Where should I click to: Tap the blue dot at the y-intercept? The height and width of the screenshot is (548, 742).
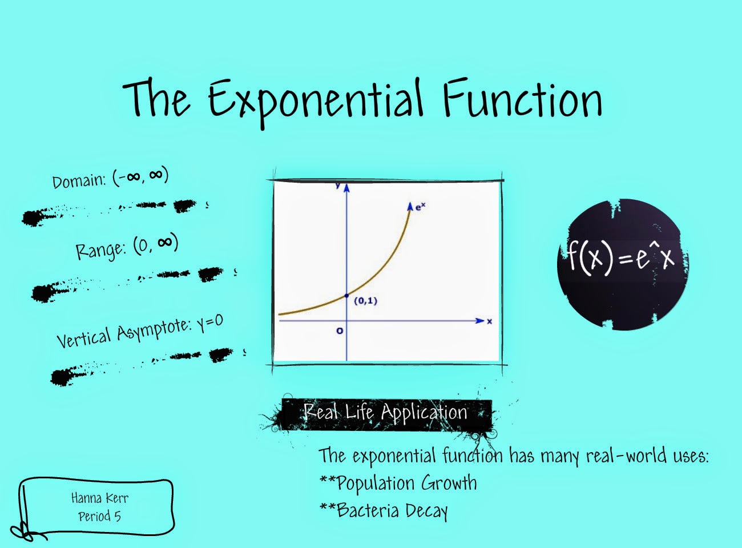[346, 295]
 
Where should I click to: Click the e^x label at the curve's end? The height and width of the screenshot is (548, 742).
[420, 207]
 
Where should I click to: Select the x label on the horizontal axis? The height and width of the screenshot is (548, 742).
[489, 321]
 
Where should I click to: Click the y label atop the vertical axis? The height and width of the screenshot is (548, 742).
[338, 185]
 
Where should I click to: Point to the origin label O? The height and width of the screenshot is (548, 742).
[340, 331]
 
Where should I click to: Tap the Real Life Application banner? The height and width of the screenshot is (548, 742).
[385, 412]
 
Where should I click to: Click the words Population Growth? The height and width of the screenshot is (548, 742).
[406, 483]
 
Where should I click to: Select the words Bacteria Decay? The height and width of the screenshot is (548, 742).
[392, 510]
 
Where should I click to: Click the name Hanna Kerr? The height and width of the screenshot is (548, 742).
[100, 498]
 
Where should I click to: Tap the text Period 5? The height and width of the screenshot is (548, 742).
[99, 517]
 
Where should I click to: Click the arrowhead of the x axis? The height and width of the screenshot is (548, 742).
[480, 321]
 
